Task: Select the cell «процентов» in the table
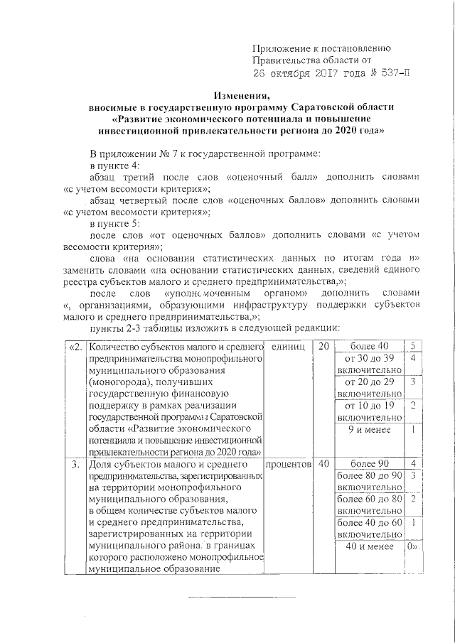(288, 463)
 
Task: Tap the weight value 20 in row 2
(323, 347)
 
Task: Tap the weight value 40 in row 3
(323, 463)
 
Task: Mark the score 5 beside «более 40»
(412, 347)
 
